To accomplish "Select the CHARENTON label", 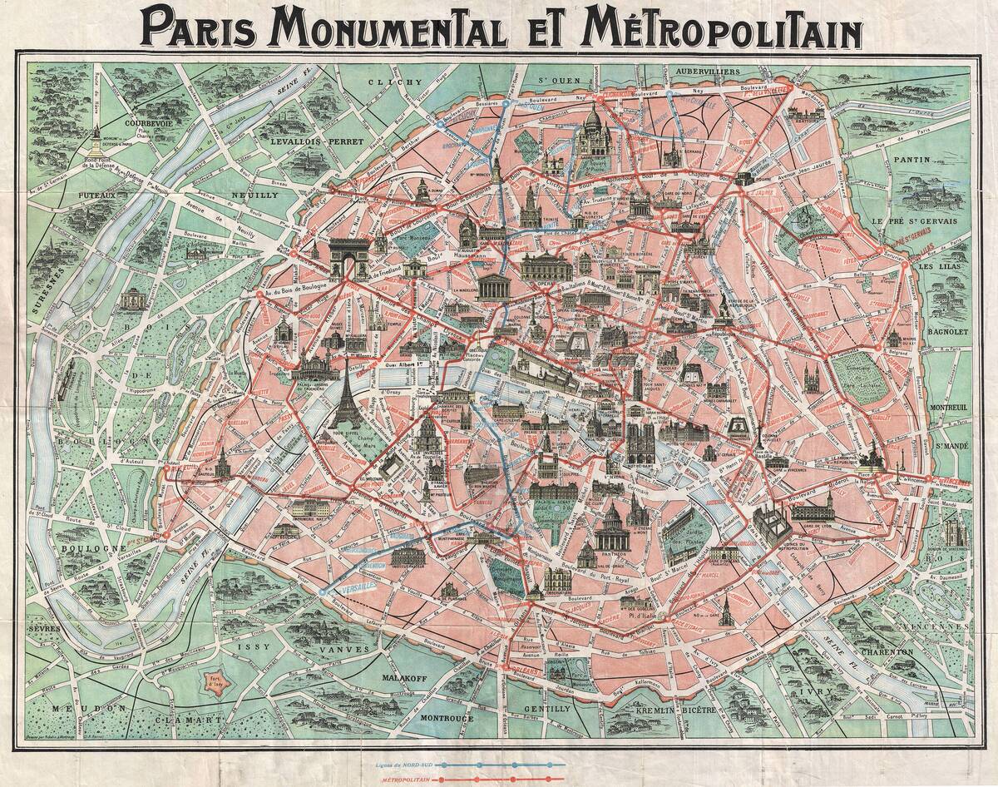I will click(x=895, y=654).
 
